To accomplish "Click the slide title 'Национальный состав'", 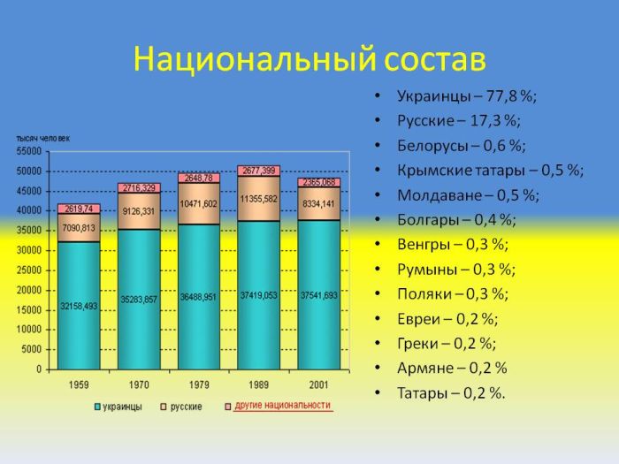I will click(309, 59).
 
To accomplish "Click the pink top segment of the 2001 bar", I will click(318, 182).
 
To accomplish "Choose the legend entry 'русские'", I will click(185, 407).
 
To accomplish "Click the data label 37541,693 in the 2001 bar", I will click(318, 295).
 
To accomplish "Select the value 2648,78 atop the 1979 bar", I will click(199, 178).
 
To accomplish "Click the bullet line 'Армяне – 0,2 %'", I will click(452, 368).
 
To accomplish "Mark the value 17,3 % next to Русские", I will click(496, 120).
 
